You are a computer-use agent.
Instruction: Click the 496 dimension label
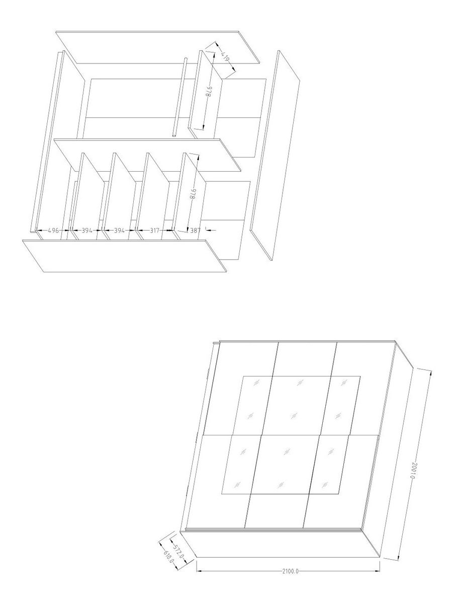[x=53, y=231]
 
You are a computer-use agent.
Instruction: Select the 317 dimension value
[x=155, y=231]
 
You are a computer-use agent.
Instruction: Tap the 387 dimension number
[x=195, y=231]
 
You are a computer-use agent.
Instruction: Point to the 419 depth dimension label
[x=225, y=58]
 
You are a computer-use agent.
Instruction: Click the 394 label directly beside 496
[x=87, y=231]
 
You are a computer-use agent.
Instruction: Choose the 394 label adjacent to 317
[x=119, y=231]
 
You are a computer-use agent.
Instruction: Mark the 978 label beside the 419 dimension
[x=209, y=92]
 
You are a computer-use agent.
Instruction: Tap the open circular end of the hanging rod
[x=174, y=135]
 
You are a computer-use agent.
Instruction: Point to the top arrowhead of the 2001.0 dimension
[x=430, y=373]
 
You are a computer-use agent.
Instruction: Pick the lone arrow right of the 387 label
[x=211, y=230]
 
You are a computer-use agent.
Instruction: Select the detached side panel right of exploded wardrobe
[x=275, y=156]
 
